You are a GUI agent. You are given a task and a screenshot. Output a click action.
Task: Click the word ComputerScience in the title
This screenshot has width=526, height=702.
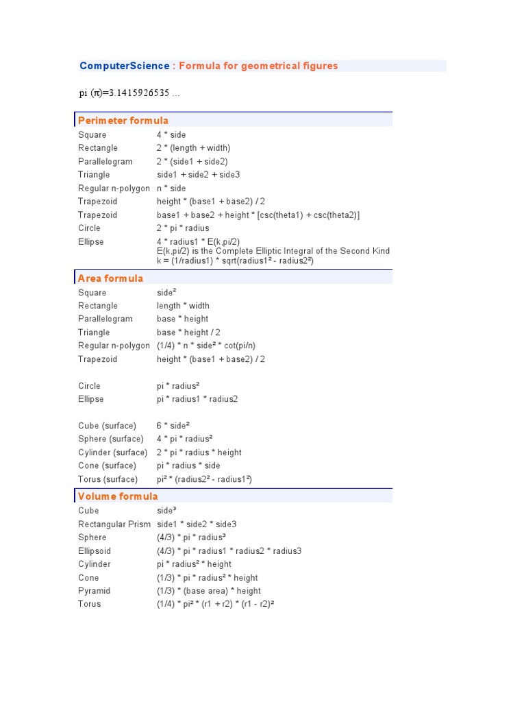pyautogui.click(x=124, y=66)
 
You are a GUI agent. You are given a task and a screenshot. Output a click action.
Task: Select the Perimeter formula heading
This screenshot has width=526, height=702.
pyautogui.click(x=123, y=121)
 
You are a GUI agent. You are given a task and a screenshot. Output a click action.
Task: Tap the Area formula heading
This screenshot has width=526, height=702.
pyautogui.click(x=111, y=278)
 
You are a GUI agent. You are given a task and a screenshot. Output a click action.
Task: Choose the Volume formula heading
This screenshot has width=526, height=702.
pyautogui.click(x=118, y=496)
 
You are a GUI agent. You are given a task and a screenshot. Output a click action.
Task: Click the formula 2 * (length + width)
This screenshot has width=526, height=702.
pyautogui.click(x=193, y=148)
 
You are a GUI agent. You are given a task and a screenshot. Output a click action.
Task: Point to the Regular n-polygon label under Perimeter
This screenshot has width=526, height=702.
pyautogui.click(x=114, y=189)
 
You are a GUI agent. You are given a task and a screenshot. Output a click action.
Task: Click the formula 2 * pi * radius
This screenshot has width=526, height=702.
pyautogui.click(x=183, y=228)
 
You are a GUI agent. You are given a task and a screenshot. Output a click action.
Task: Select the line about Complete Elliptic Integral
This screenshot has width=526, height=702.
pyautogui.click(x=273, y=251)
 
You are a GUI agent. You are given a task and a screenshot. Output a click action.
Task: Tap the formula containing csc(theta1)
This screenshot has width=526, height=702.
pyautogui.click(x=258, y=215)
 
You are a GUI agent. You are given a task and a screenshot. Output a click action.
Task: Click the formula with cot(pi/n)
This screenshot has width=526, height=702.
pyautogui.click(x=205, y=346)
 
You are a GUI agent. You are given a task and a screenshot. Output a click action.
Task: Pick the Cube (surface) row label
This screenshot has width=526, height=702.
pyautogui.click(x=107, y=426)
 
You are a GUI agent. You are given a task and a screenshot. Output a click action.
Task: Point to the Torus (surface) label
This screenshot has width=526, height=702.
pyautogui.click(x=108, y=479)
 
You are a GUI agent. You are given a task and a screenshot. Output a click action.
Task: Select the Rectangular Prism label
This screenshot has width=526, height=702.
pyautogui.click(x=114, y=524)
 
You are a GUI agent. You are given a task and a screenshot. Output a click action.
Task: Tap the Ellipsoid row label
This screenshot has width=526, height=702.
pyautogui.click(x=95, y=551)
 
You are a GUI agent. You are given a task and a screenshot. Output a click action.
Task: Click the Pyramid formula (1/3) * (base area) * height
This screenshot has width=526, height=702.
pyautogui.click(x=208, y=591)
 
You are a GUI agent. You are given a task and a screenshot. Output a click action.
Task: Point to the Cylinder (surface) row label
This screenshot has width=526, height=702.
pyautogui.click(x=112, y=452)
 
